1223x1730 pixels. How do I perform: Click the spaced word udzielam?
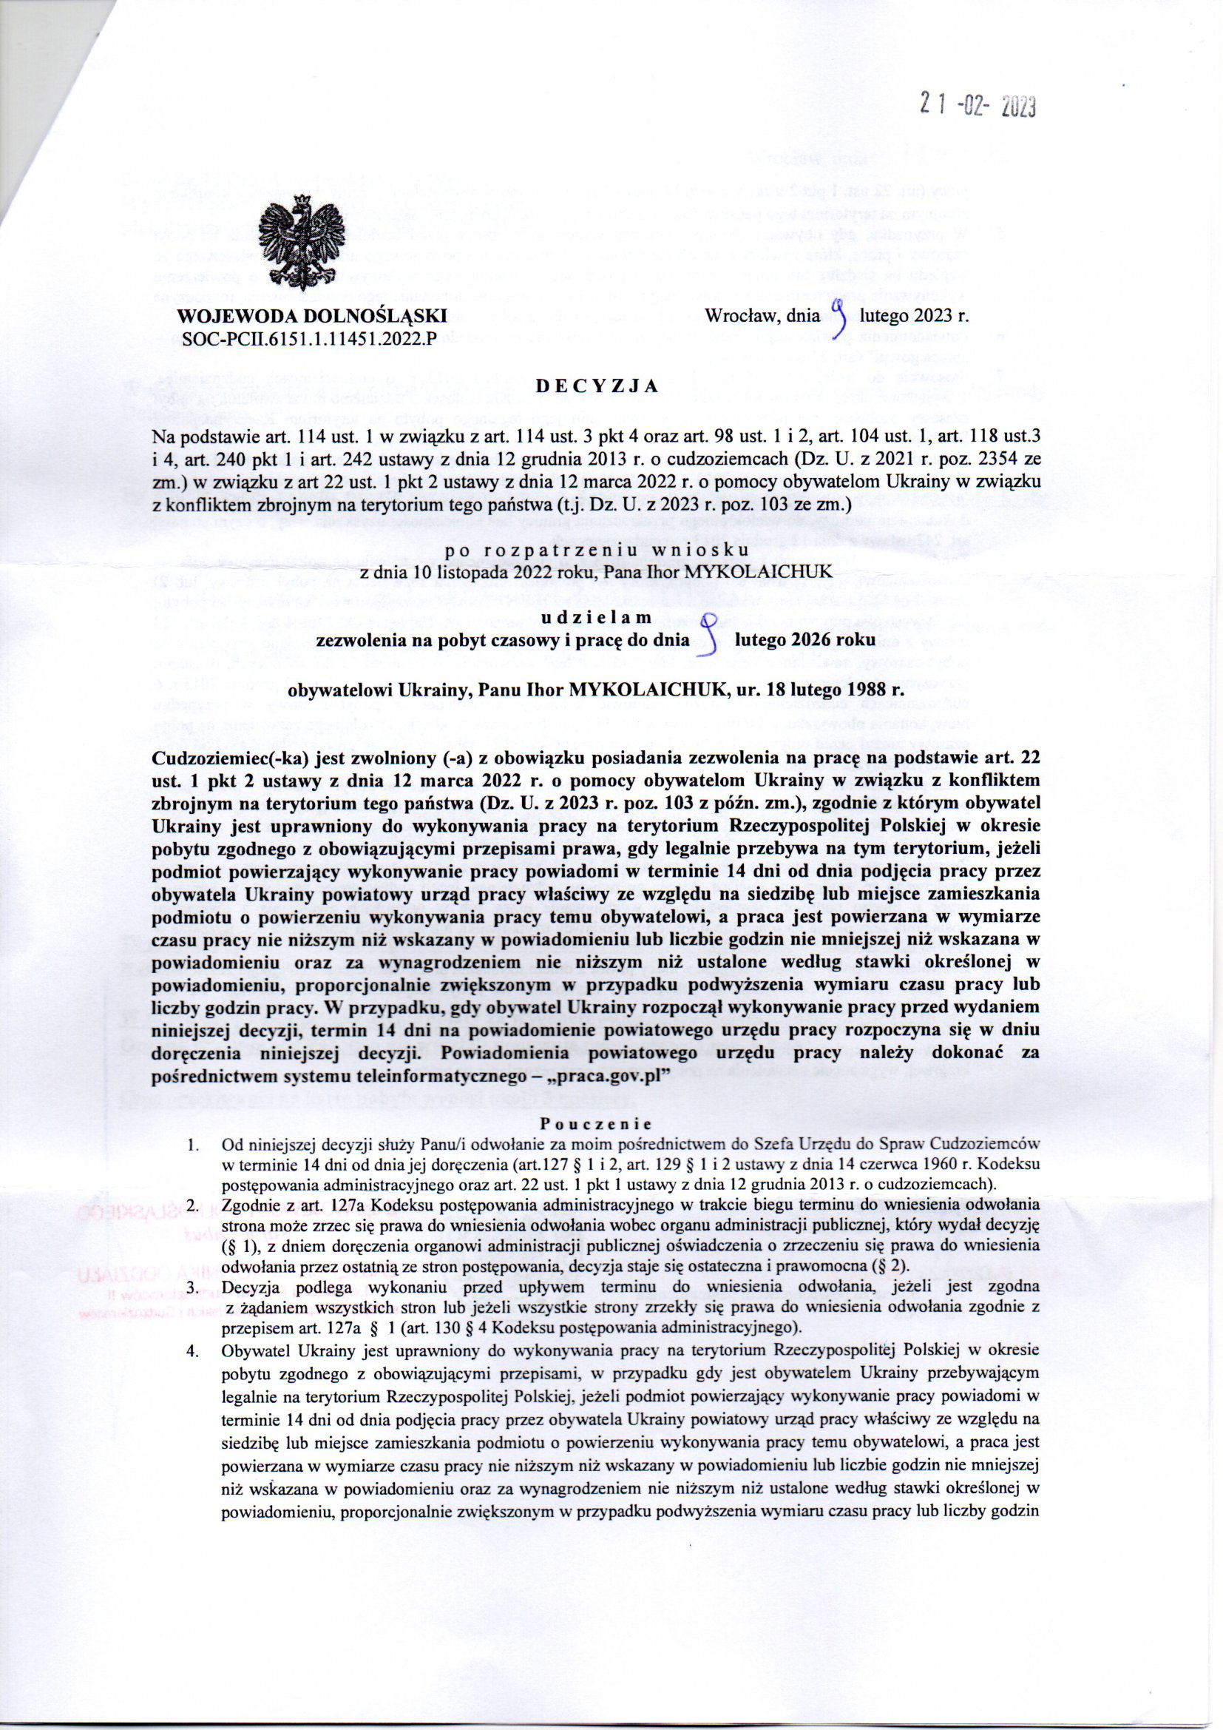[595, 617]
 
